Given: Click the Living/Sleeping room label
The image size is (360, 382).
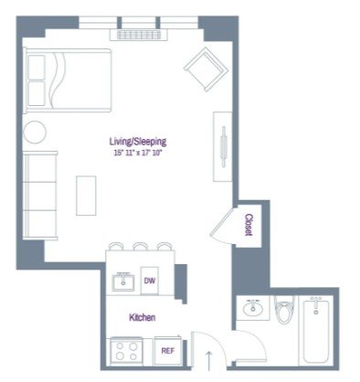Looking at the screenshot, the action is tap(138, 142).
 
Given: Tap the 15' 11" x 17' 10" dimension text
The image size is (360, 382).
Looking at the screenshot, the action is tap(137, 153).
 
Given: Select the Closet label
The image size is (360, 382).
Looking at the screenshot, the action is tap(249, 225).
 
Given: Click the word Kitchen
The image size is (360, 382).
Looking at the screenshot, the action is tap(143, 317).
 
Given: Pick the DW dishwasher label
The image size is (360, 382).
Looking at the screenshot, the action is tap(149, 281).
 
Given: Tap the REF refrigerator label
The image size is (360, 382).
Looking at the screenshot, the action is tap(168, 351).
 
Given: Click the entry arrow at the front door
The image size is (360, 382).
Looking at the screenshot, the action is tap(209, 360).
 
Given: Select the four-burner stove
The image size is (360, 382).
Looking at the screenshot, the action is tap(127, 351).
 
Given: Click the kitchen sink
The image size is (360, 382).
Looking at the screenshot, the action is tap(123, 282).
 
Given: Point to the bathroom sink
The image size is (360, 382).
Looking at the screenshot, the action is tap(253, 308).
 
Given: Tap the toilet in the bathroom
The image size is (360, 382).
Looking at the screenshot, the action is tap(283, 309).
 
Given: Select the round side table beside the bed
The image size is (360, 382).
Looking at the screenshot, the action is tap(35, 132).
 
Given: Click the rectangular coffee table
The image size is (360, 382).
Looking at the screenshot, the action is tap(86, 196).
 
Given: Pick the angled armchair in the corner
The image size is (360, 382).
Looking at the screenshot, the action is tap(206, 69).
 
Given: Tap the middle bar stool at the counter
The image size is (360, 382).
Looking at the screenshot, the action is tap(141, 246).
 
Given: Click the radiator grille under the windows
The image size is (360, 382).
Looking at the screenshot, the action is tap(139, 35).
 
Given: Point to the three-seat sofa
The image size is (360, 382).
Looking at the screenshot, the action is tap(40, 195).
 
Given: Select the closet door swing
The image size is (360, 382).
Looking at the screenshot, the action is tap(222, 227).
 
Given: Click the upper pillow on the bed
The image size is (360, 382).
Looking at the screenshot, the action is tap(37, 67).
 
